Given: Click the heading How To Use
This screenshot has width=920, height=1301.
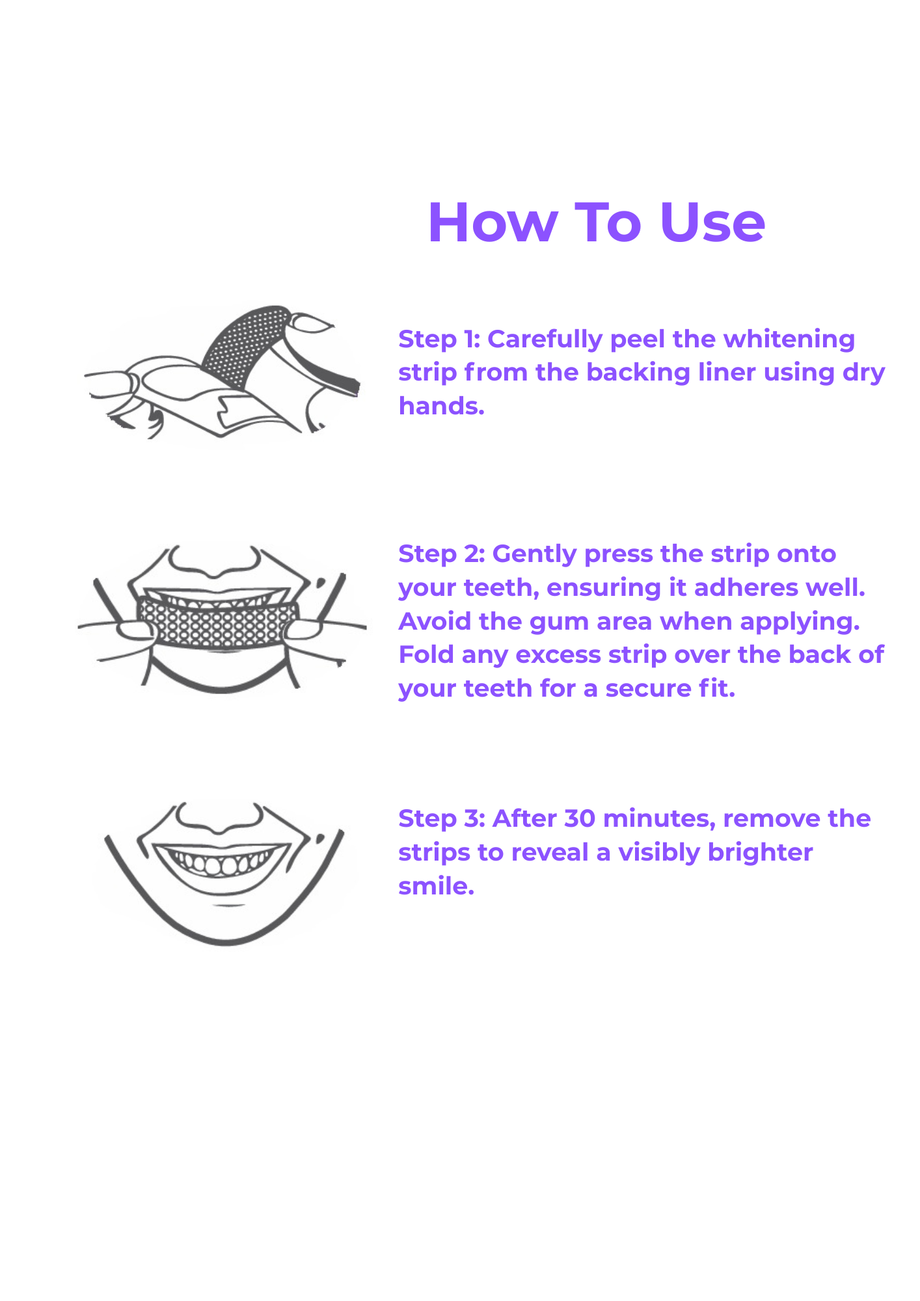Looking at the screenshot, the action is pyautogui.click(x=596, y=222).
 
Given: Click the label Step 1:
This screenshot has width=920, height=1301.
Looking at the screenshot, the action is pyautogui.click(x=439, y=340).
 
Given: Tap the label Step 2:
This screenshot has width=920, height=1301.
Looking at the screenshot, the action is pyautogui.click(x=442, y=554).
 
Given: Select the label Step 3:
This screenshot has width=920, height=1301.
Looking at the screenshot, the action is pyautogui.click(x=442, y=819).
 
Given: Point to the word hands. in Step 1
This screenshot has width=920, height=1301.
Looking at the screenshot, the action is pyautogui.click(x=442, y=406).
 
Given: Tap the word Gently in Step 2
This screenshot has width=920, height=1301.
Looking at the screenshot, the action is pyautogui.click(x=535, y=554).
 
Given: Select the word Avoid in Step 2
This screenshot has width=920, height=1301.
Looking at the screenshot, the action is pyautogui.click(x=435, y=621).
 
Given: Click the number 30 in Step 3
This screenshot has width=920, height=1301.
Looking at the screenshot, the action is pyautogui.click(x=580, y=818).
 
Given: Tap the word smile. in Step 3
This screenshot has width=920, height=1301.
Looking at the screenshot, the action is pyautogui.click(x=436, y=886).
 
